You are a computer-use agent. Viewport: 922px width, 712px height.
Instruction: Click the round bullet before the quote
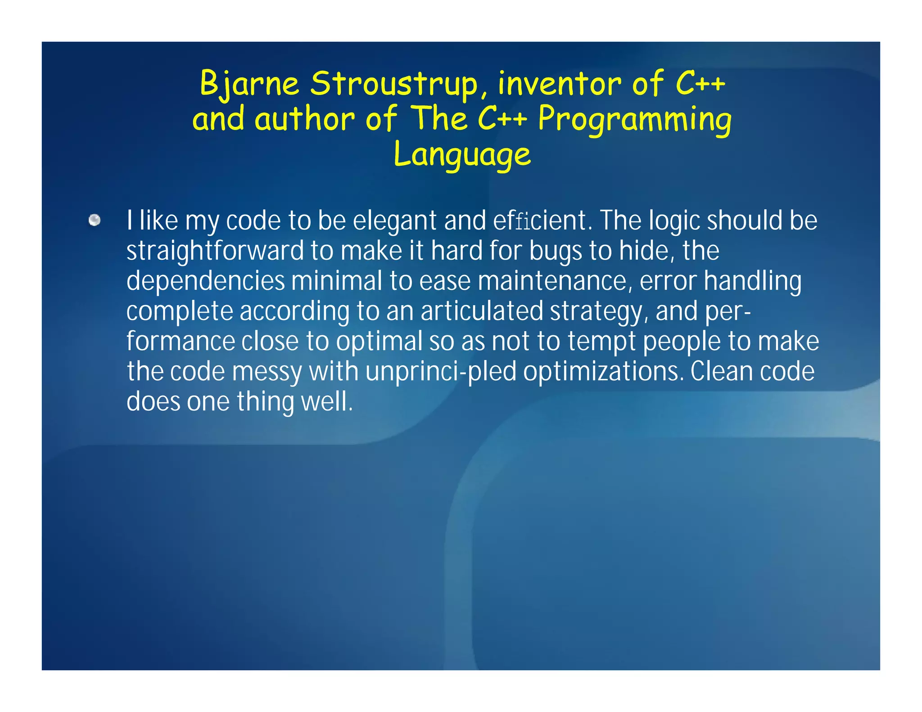(95, 220)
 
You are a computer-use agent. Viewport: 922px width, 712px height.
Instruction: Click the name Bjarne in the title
(249, 84)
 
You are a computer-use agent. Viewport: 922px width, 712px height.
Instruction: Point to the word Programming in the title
(635, 119)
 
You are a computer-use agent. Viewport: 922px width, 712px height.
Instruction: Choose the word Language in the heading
(462, 154)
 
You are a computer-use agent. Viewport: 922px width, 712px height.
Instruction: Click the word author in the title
(305, 119)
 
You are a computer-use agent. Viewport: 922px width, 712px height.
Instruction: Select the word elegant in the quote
(395, 221)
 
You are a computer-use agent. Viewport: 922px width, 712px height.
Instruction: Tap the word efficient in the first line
(541, 221)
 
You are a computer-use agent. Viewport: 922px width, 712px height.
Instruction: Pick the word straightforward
(215, 251)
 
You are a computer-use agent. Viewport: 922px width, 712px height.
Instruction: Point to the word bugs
(556, 251)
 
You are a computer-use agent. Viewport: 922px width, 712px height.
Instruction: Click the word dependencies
(205, 281)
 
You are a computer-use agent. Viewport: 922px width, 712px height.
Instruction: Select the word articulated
(482, 311)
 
